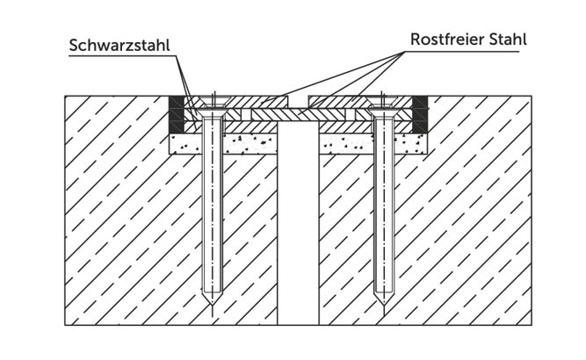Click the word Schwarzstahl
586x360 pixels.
(x=119, y=45)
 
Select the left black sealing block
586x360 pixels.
(x=177, y=114)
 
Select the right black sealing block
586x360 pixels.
(x=420, y=114)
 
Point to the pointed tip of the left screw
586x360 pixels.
(x=213, y=306)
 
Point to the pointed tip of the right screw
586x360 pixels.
(x=383, y=306)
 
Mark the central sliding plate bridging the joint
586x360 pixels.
(x=298, y=114)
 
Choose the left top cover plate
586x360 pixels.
(x=242, y=102)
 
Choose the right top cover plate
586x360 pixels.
(x=360, y=102)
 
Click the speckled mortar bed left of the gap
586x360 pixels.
(x=223, y=144)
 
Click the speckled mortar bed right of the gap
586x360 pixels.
(x=373, y=144)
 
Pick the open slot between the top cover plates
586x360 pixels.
(x=298, y=102)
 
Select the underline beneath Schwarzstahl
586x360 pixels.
(x=122, y=56)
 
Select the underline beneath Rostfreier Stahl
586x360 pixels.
(x=462, y=51)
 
